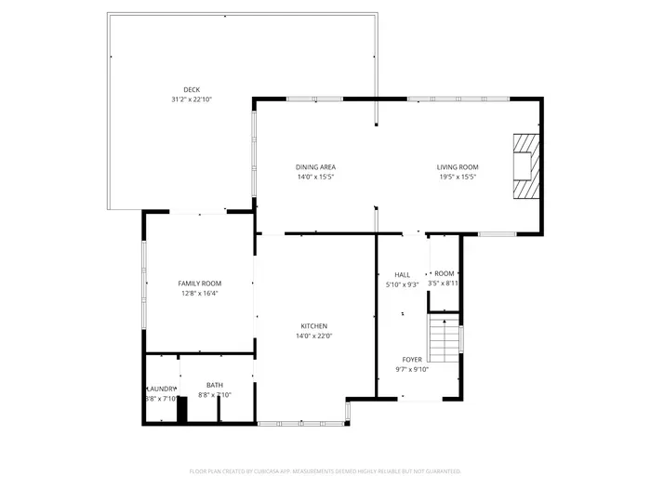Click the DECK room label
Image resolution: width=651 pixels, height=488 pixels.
[x=192, y=89]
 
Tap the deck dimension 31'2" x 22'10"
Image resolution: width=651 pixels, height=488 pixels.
[x=192, y=99]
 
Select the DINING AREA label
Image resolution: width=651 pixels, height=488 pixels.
[x=315, y=167]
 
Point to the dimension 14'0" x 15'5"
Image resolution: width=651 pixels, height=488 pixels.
[x=315, y=177]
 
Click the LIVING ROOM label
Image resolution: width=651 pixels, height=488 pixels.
[x=457, y=167]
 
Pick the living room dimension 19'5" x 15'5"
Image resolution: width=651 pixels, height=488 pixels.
[x=457, y=177]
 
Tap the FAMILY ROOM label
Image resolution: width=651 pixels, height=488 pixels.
[x=199, y=284]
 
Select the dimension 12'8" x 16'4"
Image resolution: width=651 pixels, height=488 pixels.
[x=199, y=293]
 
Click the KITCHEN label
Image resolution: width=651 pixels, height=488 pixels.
[x=313, y=326]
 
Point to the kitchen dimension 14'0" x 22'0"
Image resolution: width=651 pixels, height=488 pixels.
[x=313, y=336]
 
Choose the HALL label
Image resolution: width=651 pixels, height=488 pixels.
[x=402, y=275]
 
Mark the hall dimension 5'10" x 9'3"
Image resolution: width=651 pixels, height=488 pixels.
[x=402, y=284]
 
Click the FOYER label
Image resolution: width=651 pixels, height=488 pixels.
[x=411, y=359]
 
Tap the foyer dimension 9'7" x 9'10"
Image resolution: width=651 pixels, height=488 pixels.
[x=411, y=369]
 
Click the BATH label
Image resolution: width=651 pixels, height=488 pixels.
[x=215, y=386]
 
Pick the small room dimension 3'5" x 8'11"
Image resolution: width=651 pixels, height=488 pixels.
[x=443, y=284]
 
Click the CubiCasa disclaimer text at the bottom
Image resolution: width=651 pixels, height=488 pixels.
[x=325, y=471]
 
